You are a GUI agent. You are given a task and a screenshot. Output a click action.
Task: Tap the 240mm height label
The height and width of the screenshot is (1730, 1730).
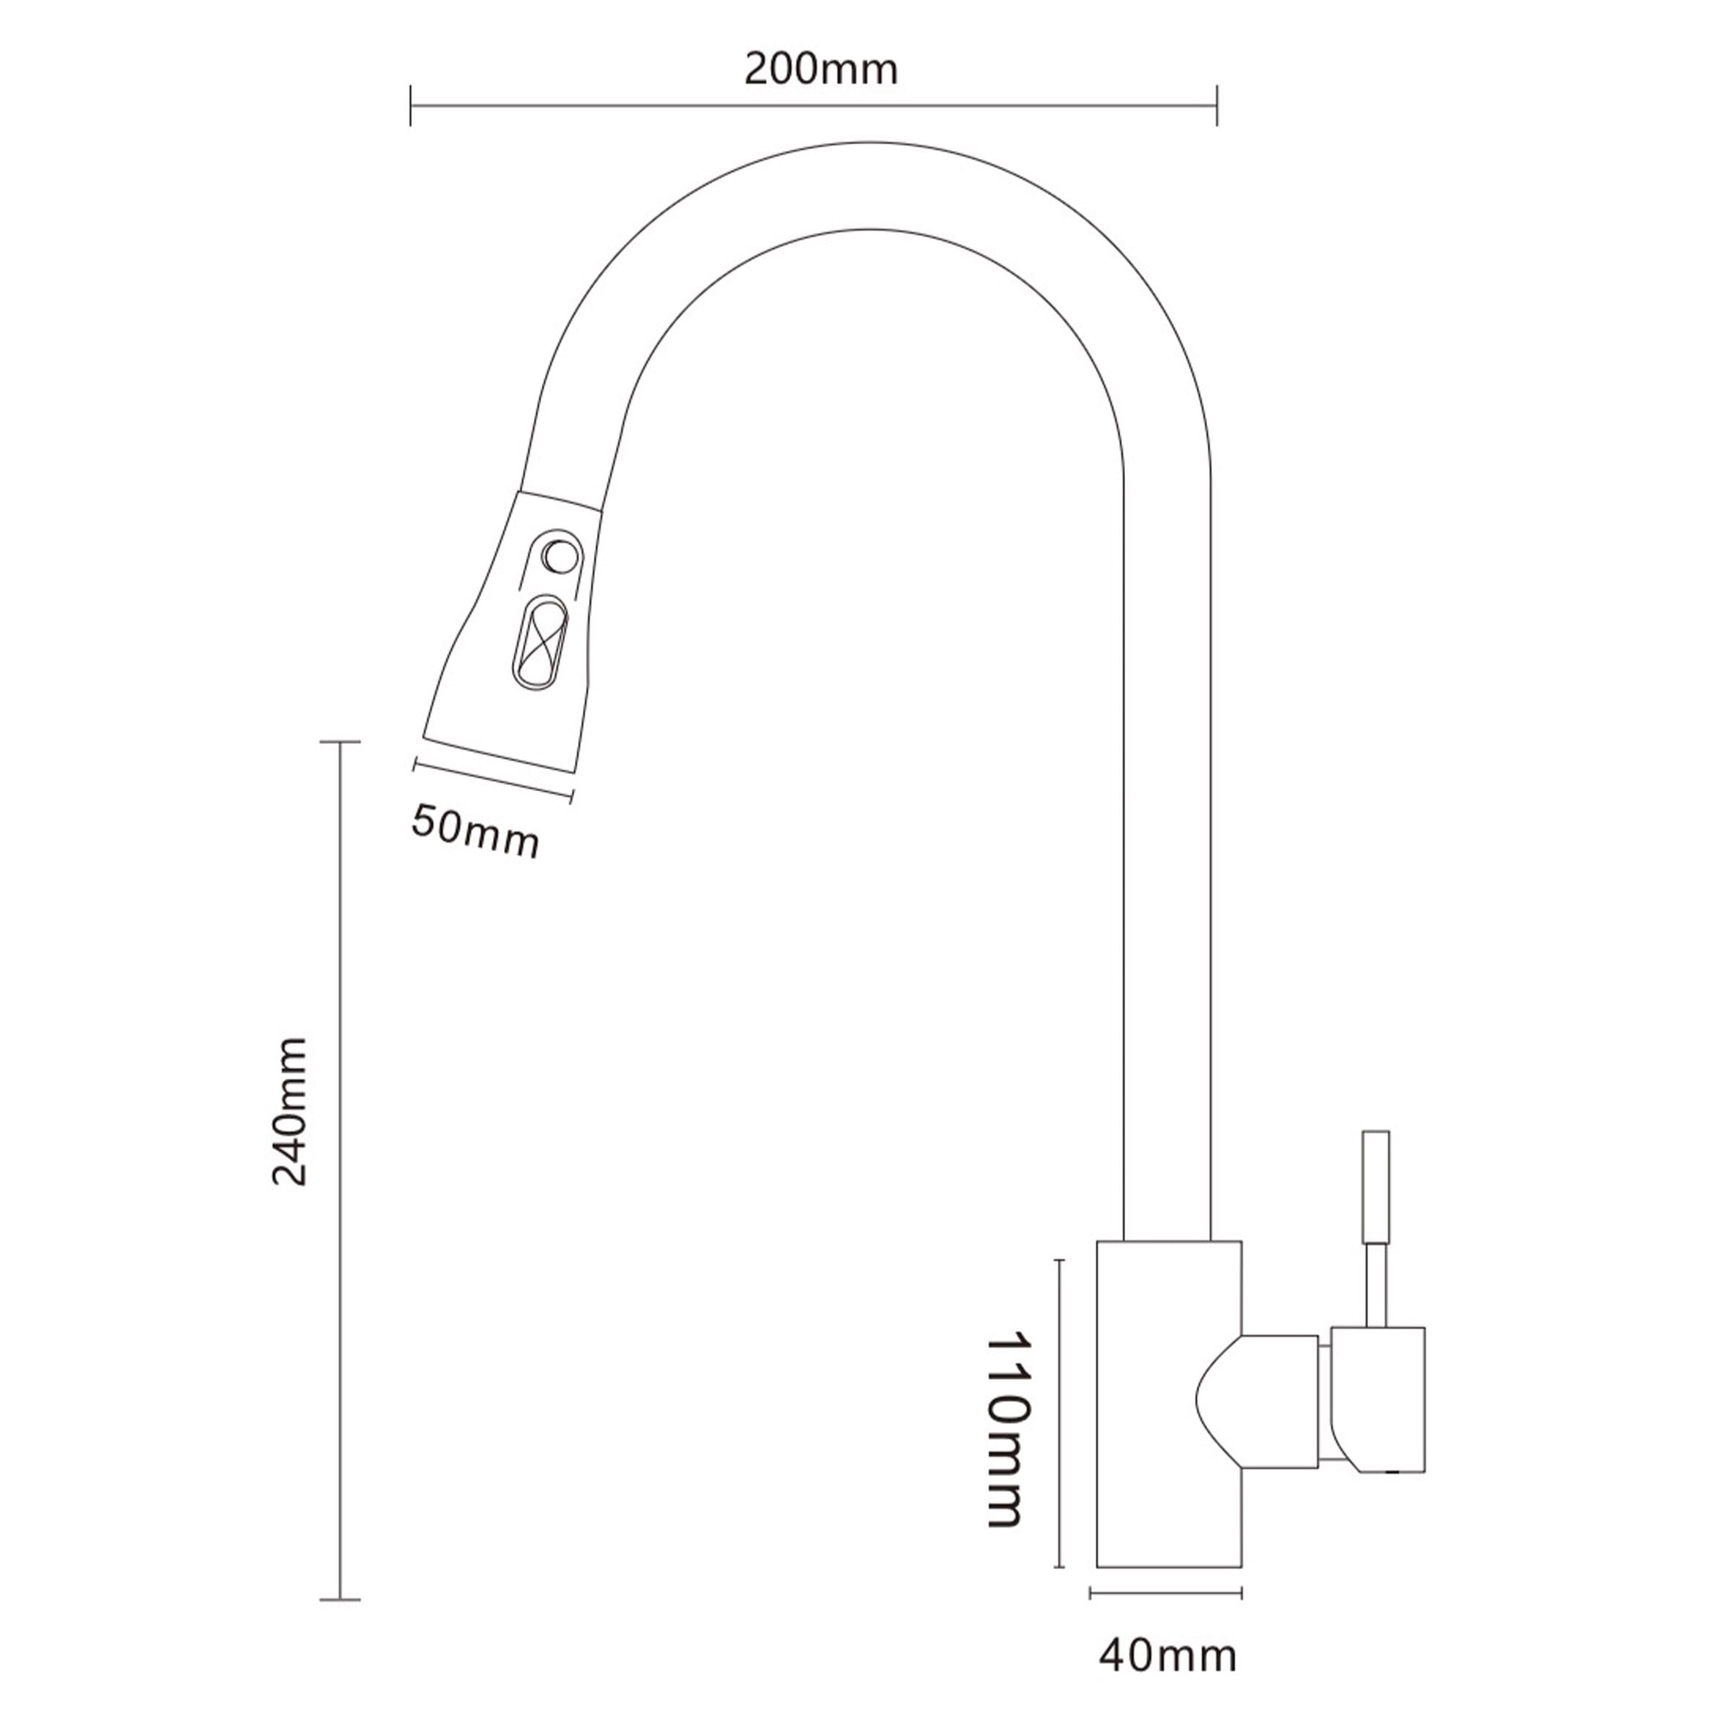(x=290, y=1111)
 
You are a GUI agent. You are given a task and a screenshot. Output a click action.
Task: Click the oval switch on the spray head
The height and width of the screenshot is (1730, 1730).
(x=538, y=644)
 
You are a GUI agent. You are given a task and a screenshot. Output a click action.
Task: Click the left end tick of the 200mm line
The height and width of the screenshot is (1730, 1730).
(x=411, y=105)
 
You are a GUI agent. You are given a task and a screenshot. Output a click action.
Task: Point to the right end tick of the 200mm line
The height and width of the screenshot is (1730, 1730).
(x=1217, y=105)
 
